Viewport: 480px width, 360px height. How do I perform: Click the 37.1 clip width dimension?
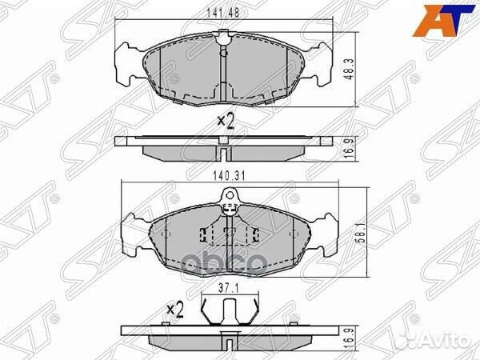pyautogui.click(x=231, y=283)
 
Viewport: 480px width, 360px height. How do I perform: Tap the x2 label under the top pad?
pyautogui.click(x=225, y=122)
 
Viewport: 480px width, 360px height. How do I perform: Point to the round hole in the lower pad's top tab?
pyautogui.click(x=230, y=194)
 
